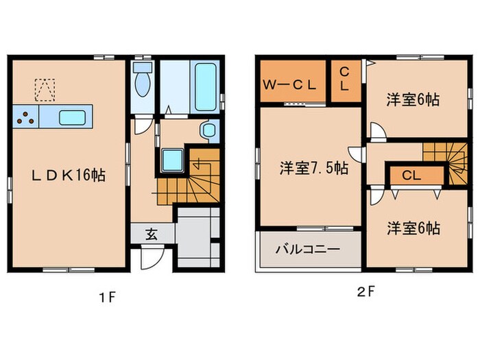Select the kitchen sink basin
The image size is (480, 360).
click(x=71, y=117)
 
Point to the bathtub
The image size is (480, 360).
click(x=206, y=87)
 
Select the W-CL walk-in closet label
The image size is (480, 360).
click(x=290, y=86)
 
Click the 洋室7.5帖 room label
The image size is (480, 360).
click(x=313, y=168)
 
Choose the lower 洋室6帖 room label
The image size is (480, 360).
click(x=412, y=228)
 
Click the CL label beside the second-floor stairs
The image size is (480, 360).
click(x=411, y=176)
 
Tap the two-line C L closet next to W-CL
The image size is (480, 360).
click(x=344, y=80)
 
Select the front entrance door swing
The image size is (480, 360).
click(x=151, y=257)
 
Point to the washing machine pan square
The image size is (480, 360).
click(x=171, y=161)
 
